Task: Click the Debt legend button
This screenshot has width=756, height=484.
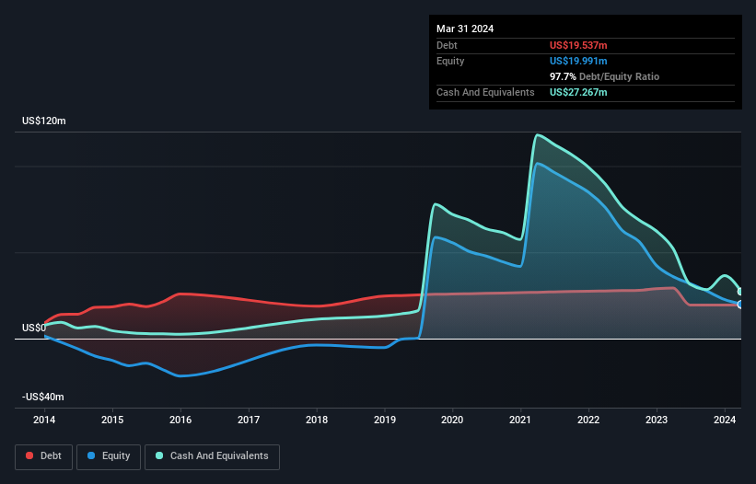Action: coord(42,455)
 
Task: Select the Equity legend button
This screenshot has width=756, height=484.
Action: coord(109,455)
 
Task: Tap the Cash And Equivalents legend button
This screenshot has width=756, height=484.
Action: coord(212,455)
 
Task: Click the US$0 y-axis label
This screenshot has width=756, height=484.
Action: coord(34,328)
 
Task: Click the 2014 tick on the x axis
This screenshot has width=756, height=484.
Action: coord(44,420)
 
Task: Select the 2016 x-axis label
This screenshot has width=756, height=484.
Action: coord(180,420)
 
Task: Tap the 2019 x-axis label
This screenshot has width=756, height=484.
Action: coord(385,420)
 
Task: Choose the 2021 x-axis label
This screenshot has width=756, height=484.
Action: coord(521,420)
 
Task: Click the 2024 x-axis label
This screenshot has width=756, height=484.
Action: coord(725,420)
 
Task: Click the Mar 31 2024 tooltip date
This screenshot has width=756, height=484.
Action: coord(465,29)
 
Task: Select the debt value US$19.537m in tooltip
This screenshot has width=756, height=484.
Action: coord(578,45)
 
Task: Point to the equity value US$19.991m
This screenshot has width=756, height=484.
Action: coord(578,61)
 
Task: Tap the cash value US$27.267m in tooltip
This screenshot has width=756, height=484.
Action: coord(578,92)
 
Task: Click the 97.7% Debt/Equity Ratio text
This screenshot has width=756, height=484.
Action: coord(604,76)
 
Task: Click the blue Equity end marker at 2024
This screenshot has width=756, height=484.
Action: coord(739,304)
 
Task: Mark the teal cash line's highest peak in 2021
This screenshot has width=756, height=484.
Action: coord(536,135)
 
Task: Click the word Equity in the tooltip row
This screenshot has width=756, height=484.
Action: coord(450,61)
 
